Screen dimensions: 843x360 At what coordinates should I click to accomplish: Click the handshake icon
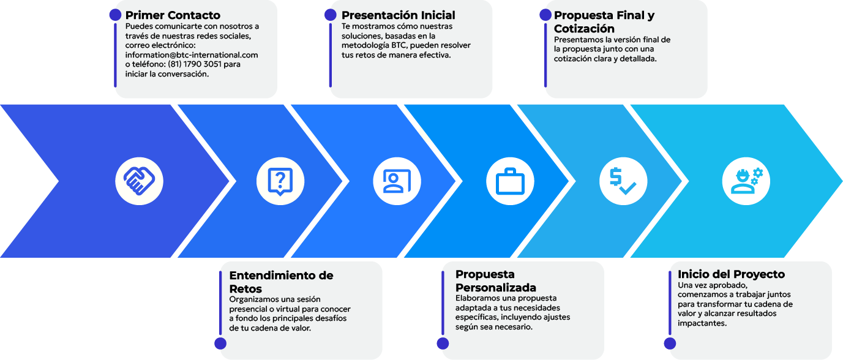pos(139,181)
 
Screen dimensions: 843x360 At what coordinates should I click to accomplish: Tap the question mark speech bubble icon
pos(280,182)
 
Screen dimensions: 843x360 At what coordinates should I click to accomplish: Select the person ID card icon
pos(397,181)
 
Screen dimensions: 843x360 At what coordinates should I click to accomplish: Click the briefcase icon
pos(510,181)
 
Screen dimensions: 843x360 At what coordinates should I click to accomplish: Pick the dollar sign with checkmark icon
pos(623,181)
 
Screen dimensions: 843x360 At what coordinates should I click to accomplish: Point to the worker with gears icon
pos(746,181)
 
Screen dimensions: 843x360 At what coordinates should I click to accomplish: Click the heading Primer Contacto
pos(173,15)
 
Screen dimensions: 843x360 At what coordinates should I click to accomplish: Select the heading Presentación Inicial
pos(398,15)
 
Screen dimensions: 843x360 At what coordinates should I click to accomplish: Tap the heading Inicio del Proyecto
pos(731,274)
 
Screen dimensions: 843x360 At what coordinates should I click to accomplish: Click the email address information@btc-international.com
pos(192,55)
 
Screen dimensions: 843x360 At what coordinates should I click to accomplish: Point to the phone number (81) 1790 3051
pos(195,64)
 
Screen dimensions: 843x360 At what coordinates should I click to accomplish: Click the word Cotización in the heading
pos(584,29)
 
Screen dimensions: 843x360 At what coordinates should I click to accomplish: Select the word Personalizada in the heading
pos(496,288)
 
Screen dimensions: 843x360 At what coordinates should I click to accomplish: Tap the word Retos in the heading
pos(245,289)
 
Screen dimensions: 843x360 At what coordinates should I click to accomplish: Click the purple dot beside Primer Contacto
pos(115,15)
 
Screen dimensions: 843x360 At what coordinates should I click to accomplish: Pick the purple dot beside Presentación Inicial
pos(331,15)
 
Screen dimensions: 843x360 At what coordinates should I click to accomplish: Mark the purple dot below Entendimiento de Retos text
pos(220,343)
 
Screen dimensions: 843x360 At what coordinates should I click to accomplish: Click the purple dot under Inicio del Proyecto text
pos(670,343)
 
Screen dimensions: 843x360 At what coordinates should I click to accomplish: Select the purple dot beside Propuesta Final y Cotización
pos(545,15)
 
